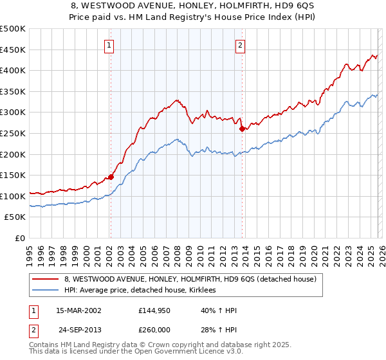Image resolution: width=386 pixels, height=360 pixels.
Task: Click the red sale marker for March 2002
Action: pos(111,177)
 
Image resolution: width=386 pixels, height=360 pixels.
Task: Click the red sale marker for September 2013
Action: pos(241,129)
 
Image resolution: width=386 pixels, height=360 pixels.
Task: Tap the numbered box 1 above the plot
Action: pos(110,45)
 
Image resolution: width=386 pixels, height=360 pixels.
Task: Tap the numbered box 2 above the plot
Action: pos(240,45)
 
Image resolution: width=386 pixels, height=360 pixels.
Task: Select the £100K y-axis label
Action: pos(14,196)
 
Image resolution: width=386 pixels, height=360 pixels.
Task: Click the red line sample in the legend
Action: pos(46,280)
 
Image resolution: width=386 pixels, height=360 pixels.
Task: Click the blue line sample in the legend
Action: pos(46,291)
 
